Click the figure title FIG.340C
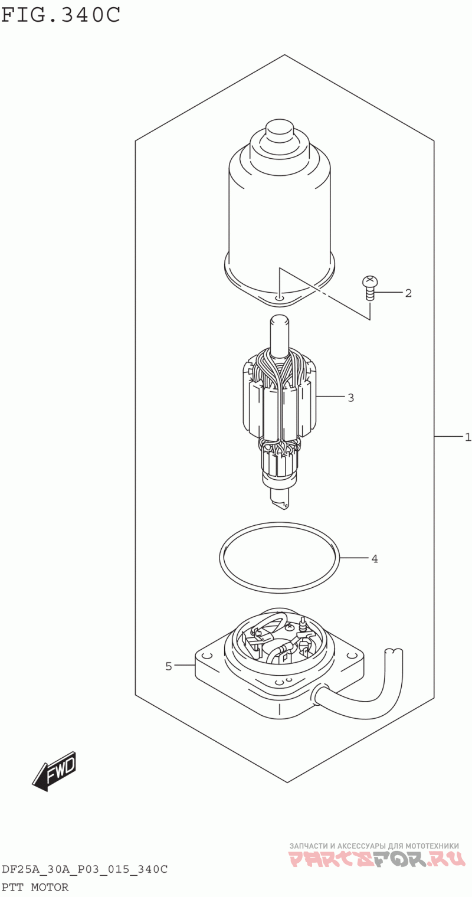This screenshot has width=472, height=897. coord(61,15)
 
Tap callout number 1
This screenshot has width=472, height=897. coord(468,437)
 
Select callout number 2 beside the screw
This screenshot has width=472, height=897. coord(408,293)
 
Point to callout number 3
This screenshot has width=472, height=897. coord(350,398)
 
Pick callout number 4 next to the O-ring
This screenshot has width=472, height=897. coord(374,559)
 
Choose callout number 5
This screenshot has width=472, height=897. coord(169,666)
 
